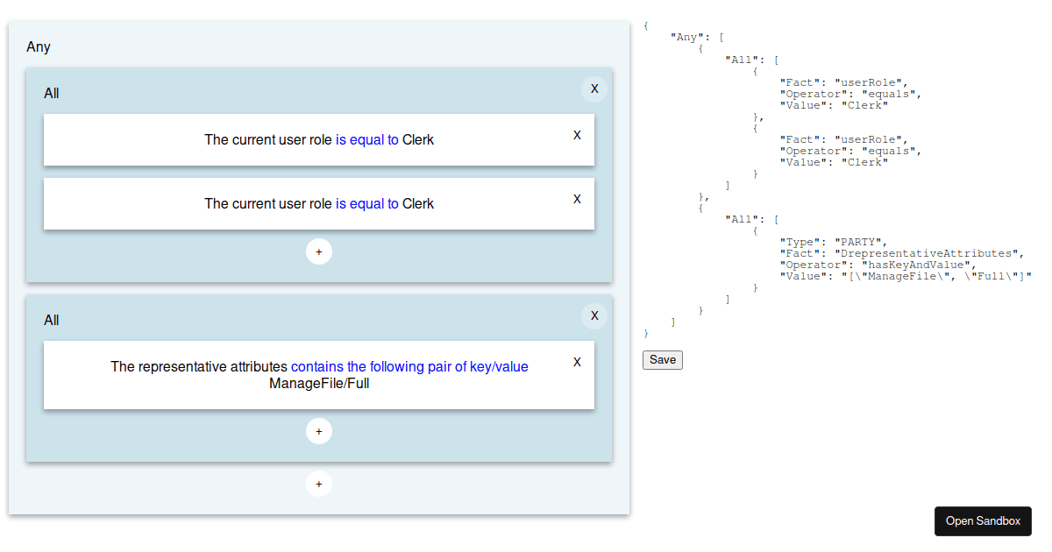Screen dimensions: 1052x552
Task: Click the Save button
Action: tap(662, 360)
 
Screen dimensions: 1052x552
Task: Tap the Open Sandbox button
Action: tap(983, 521)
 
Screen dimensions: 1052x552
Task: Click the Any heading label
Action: tap(38, 47)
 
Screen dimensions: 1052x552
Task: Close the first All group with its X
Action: tap(594, 88)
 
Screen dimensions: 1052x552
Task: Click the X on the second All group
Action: tap(594, 316)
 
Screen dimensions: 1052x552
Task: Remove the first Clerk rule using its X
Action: tap(577, 135)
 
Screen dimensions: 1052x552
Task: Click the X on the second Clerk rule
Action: tap(577, 199)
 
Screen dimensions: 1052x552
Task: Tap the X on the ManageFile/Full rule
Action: tap(577, 362)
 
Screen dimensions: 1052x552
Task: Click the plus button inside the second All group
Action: tap(319, 431)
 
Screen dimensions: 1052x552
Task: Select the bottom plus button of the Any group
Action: tap(319, 484)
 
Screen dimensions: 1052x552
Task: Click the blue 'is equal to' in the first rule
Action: tap(366, 140)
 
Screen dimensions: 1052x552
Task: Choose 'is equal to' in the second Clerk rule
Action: tap(366, 203)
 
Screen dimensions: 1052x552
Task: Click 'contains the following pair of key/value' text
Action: tap(409, 366)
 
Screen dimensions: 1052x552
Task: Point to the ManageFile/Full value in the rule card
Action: tap(319, 384)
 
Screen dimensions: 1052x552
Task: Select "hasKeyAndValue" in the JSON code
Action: tap(916, 265)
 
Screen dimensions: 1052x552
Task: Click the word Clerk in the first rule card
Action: tap(418, 140)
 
